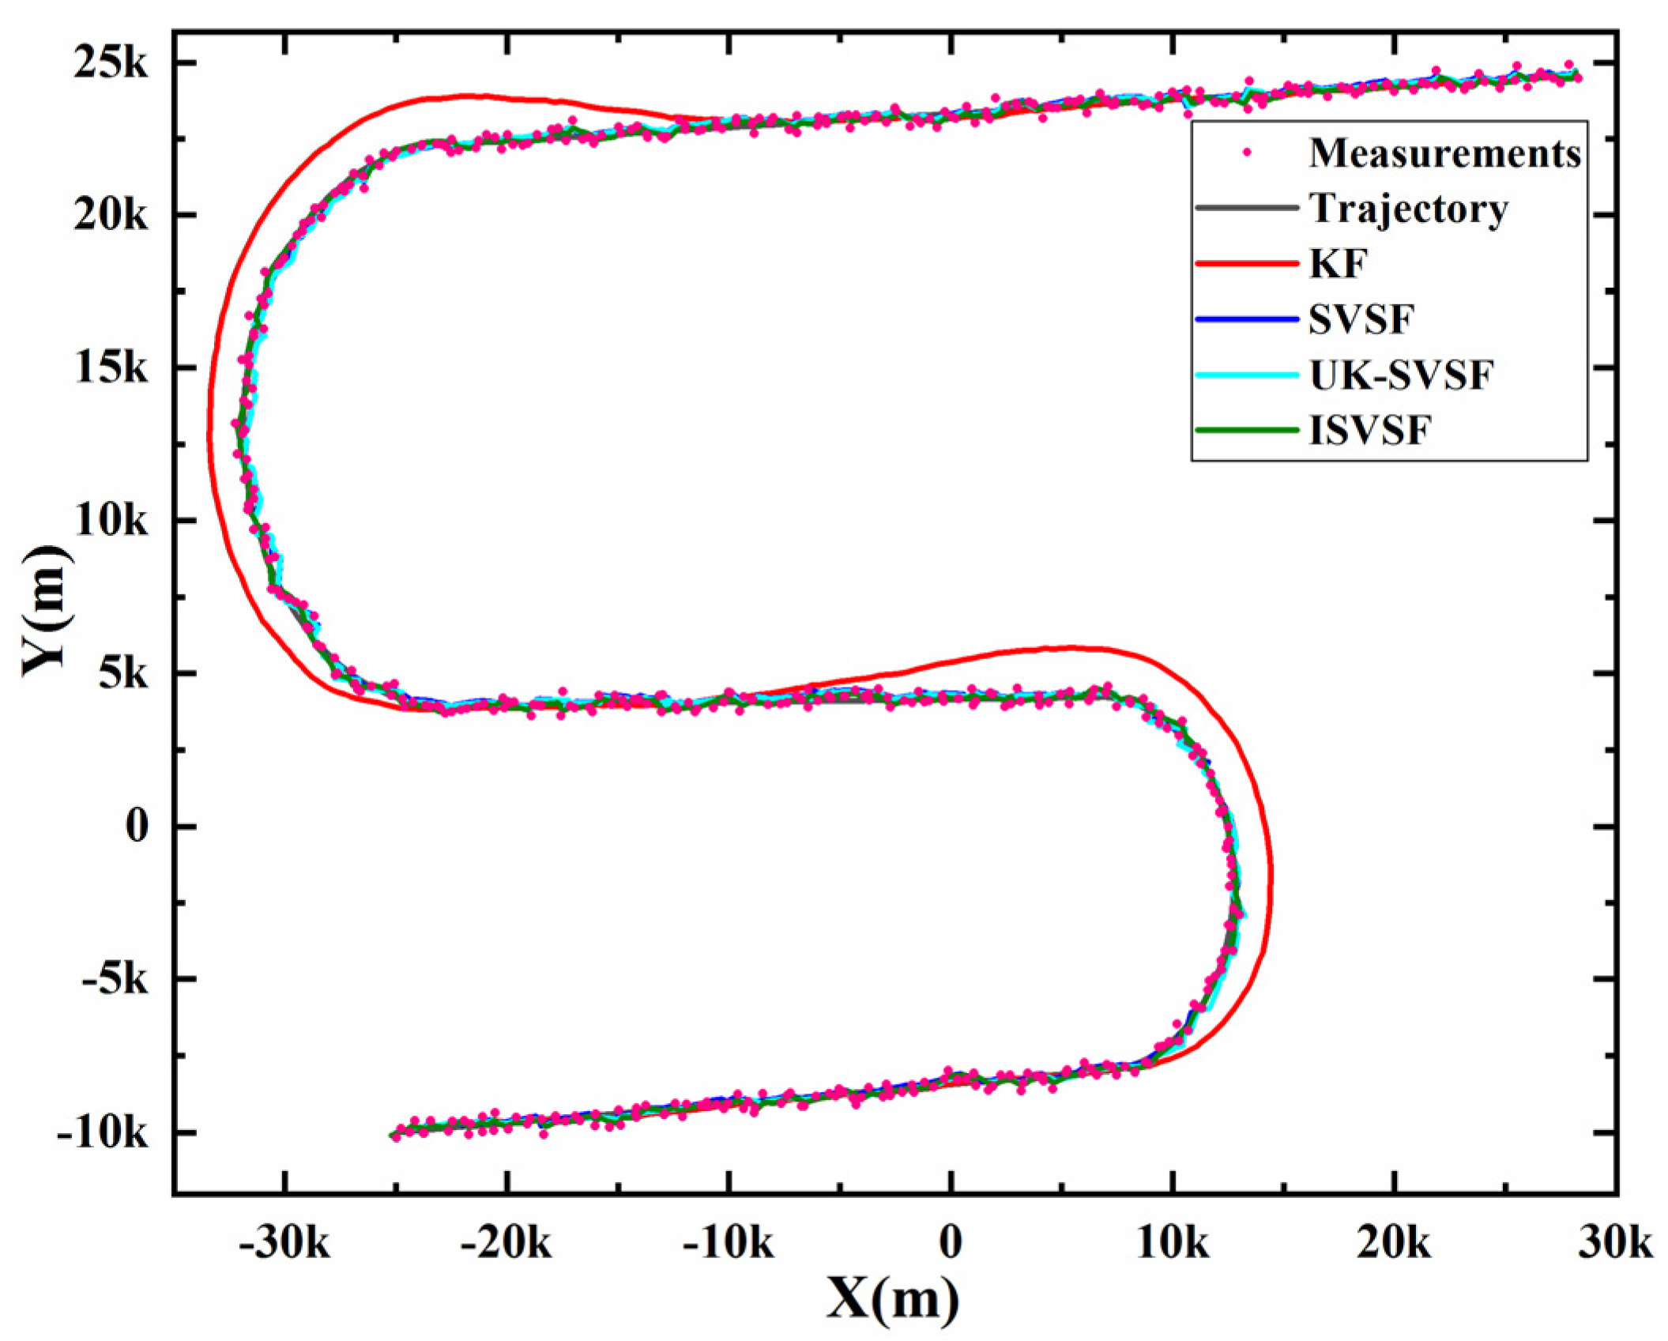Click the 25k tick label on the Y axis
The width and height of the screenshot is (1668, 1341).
point(110,63)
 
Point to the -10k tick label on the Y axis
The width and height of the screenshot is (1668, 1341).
point(101,1133)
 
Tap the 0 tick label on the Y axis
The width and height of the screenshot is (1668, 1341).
point(136,827)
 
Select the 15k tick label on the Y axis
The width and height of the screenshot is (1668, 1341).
point(110,368)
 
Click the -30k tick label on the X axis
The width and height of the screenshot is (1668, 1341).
point(284,1243)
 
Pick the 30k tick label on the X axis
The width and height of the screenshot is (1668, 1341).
point(1615,1243)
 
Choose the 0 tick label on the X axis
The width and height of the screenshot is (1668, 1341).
point(951,1243)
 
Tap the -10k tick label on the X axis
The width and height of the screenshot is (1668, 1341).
point(729,1243)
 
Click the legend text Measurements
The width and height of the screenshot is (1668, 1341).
point(1444,153)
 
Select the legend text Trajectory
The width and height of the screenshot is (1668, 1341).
point(1408,209)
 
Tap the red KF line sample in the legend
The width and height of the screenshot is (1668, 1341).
point(1247,264)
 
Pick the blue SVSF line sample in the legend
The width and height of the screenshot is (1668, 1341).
point(1247,319)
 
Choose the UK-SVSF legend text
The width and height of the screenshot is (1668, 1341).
point(1401,375)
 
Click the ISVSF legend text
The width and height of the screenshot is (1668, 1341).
point(1369,431)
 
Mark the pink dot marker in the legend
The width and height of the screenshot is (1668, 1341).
point(1248,153)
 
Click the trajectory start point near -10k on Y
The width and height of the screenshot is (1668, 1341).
point(393,1136)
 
